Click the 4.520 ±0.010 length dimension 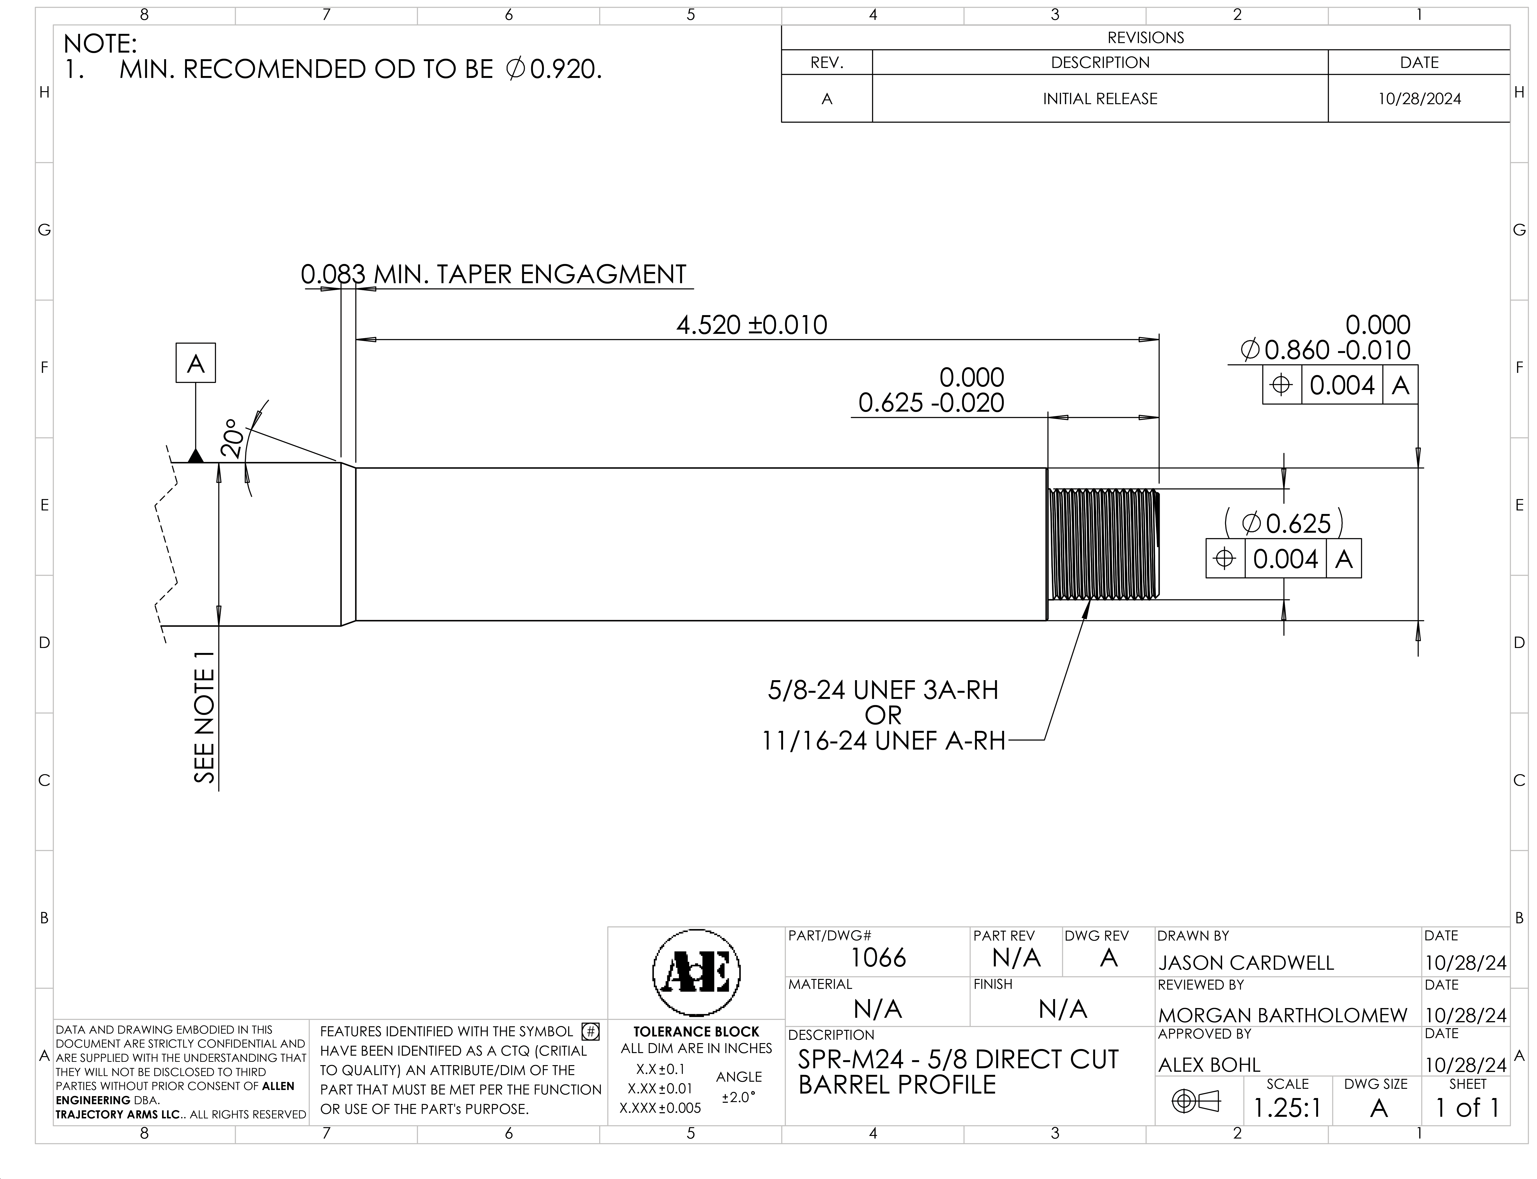(751, 325)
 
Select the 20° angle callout (232, 439)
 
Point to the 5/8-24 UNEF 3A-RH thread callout (883, 691)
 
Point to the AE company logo (697, 973)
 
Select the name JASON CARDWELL (1246, 963)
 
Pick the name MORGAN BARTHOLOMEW (1283, 1015)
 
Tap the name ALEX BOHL (1209, 1065)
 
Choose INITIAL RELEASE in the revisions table (1100, 99)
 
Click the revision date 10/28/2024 (1419, 99)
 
